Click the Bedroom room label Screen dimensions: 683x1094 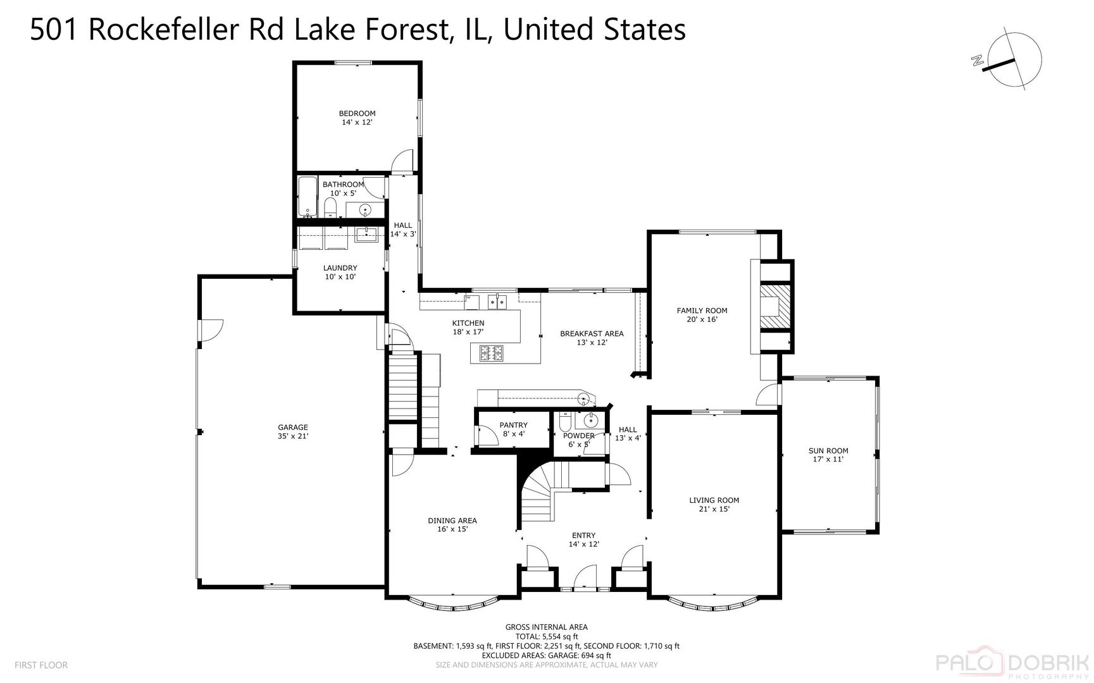point(357,114)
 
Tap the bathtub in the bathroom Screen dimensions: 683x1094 point(308,197)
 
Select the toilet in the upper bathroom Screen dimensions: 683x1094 point(330,207)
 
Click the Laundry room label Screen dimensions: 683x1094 point(340,268)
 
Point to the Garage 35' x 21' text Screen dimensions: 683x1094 point(293,436)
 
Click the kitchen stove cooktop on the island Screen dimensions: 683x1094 point(492,353)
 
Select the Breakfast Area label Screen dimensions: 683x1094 point(592,334)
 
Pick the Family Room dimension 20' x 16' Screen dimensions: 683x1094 point(702,319)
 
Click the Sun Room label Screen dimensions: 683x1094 point(828,451)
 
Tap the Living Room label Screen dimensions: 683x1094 point(714,500)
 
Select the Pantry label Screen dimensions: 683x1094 point(513,425)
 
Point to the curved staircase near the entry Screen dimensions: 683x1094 point(537,496)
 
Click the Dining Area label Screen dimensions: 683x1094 point(452,520)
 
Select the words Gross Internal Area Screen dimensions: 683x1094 point(546,627)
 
